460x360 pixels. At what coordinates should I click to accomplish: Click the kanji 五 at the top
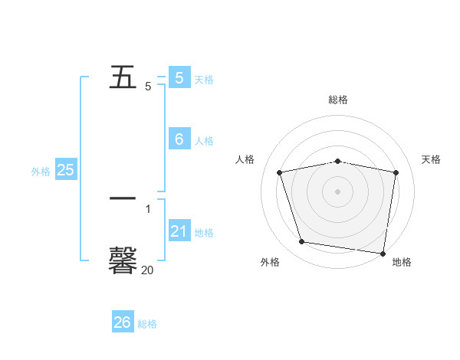pos(123,77)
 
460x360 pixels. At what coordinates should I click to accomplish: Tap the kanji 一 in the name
pos(123,198)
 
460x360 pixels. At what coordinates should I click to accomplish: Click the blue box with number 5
pos(179,77)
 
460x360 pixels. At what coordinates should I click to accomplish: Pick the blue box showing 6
pos(179,139)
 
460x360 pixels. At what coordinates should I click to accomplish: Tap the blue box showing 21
pos(179,231)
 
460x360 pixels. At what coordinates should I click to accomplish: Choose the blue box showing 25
pos(65,170)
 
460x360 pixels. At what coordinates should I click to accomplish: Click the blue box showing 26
pos(123,322)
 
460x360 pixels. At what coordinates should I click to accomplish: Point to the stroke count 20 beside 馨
pos(147,270)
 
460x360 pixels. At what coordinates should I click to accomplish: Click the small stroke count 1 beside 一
pos(148,208)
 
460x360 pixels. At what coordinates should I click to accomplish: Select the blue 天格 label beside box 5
pos(204,79)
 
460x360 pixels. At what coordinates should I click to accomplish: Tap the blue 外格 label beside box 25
pos(41,172)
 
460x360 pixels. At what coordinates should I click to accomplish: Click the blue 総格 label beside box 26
pos(147,324)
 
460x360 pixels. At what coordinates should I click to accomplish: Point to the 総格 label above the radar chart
pos(338,100)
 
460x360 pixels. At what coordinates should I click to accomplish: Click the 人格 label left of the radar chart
pos(245,159)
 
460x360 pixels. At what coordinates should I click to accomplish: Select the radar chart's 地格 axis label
pos(402,262)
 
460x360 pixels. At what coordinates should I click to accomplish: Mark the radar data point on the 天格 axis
pos(396,172)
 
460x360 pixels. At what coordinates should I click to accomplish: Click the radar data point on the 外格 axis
pos(302,242)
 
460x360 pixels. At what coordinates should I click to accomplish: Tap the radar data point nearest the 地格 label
pos(383,253)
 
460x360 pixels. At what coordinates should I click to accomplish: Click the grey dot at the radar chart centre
pos(338,191)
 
